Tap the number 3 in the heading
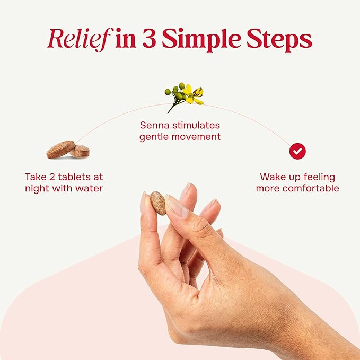[x=150, y=38]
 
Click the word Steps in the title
[x=279, y=40]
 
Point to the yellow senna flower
[x=195, y=94]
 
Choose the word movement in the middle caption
[x=196, y=137]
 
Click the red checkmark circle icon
[x=297, y=151]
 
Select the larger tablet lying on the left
[x=61, y=149]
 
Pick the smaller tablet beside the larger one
[x=80, y=152]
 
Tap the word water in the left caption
[x=89, y=189]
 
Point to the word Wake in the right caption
[x=271, y=177]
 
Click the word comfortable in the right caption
[x=310, y=189]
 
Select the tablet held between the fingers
[x=158, y=203]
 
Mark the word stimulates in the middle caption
[x=196, y=125]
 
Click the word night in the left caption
[x=37, y=189]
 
